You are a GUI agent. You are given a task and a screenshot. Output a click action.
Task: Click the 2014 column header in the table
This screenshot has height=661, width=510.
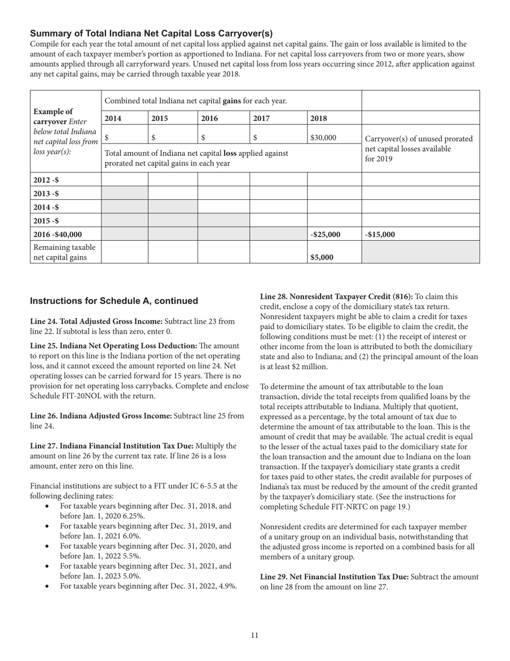coord(113,118)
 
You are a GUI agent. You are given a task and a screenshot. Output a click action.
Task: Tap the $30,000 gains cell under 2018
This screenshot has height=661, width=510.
coord(323,138)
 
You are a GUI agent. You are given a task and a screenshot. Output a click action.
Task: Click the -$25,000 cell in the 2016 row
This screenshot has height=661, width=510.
coord(325,234)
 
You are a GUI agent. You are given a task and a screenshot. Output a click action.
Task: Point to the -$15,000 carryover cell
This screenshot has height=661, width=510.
coord(382,234)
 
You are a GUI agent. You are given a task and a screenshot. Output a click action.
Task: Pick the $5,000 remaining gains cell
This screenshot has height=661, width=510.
coord(322,257)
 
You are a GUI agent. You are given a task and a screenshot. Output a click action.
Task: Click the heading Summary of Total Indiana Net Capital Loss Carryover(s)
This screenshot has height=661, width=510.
coord(151,33)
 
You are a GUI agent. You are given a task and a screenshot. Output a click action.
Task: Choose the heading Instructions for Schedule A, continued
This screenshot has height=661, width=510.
coord(114,301)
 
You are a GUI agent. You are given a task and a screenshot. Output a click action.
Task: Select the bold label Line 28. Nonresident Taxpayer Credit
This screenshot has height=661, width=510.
coord(336,297)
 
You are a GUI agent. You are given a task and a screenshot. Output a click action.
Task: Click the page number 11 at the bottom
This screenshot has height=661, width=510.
coord(254,635)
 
